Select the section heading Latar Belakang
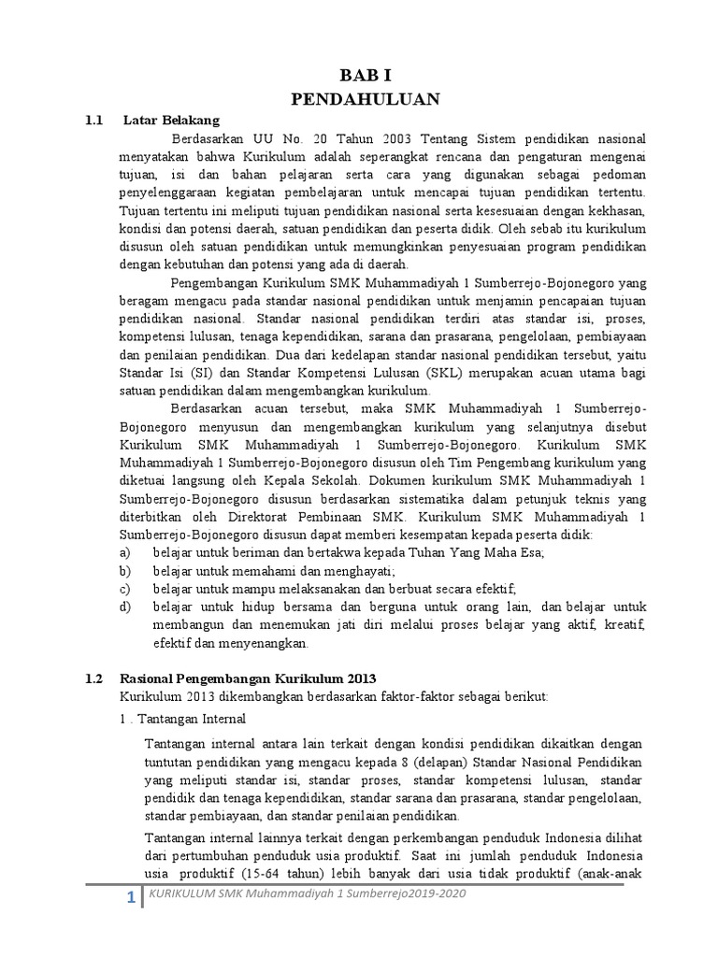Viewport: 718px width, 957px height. pos(171,120)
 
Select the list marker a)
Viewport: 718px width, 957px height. pos(125,552)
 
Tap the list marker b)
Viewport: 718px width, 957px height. pos(125,570)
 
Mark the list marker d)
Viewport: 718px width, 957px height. pos(125,607)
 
